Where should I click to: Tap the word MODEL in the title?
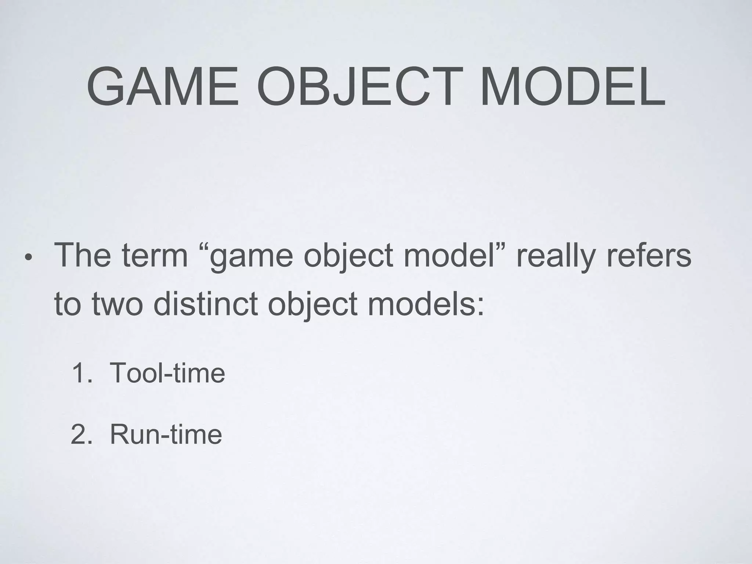572,87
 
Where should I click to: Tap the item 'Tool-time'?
167,373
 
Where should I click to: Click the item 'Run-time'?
166,434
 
